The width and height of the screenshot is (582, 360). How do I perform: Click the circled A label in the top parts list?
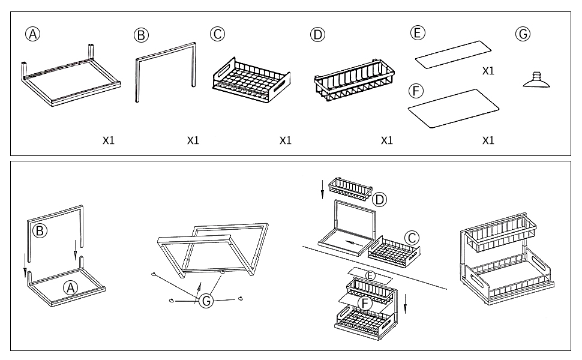32,34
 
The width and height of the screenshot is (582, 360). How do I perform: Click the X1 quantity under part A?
108,140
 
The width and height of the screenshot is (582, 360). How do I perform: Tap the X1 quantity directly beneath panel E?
488,71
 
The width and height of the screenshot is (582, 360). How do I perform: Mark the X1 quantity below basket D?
387,140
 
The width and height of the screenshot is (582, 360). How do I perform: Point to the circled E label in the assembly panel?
371,275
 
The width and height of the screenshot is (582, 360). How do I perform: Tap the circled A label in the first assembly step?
71,288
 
